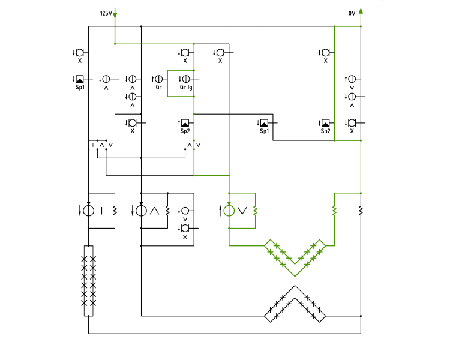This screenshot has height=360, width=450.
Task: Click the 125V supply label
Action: pos(106,13)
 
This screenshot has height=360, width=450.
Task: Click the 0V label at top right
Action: pos(352,13)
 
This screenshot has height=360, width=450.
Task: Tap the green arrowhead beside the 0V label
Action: pos(361,11)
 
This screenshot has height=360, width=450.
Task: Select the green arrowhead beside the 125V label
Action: pos(115,15)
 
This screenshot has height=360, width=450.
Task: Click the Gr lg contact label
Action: pos(186,87)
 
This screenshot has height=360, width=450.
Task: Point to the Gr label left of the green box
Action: pos(159,86)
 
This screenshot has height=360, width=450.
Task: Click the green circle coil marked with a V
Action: pos(229,211)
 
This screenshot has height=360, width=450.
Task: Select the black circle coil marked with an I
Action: pos(88,211)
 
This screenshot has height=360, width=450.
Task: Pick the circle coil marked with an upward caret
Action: pos(141,211)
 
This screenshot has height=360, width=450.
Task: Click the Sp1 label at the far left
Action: pos(80,87)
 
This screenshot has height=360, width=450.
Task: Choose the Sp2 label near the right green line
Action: pos(325,131)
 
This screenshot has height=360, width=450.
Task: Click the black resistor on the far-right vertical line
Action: pos(361,211)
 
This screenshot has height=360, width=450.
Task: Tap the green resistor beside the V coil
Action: pos(256,211)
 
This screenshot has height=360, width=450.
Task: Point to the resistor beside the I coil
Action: pos(115,211)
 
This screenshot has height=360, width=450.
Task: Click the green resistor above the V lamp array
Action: pos(334,211)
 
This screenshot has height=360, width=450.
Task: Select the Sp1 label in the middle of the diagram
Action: pos(265,131)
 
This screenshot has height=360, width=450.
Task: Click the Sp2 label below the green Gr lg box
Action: pos(185,131)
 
